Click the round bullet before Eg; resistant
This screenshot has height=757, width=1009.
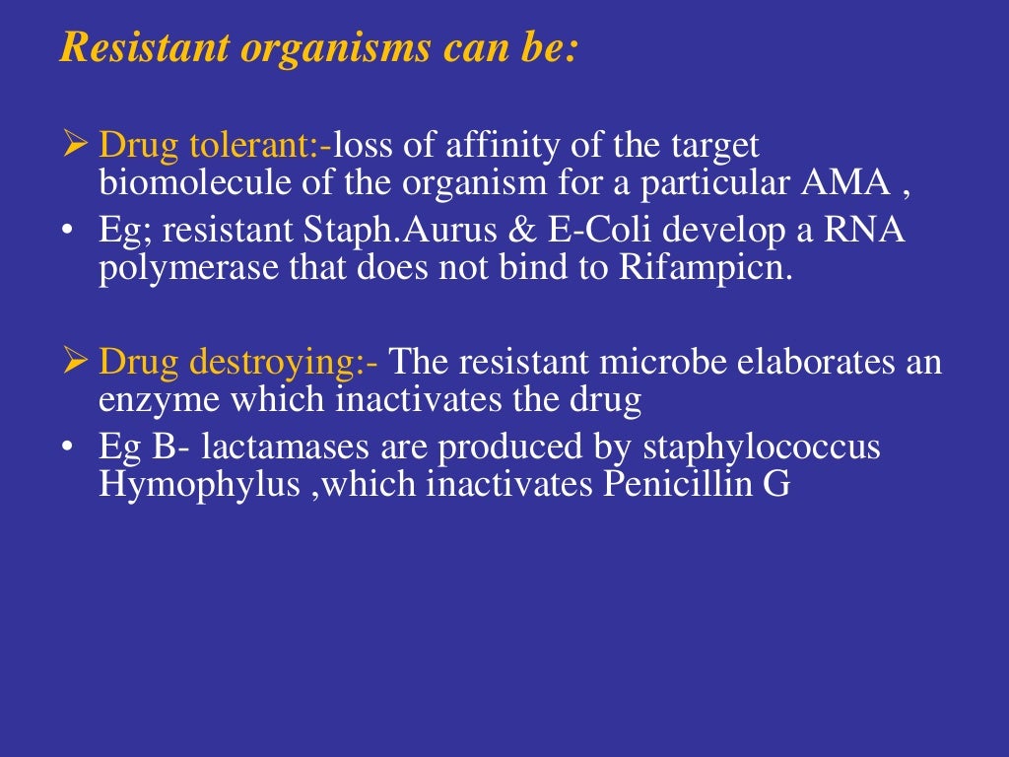(x=67, y=233)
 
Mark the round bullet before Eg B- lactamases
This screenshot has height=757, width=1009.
(x=67, y=448)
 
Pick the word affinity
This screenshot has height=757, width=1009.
(x=492, y=146)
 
